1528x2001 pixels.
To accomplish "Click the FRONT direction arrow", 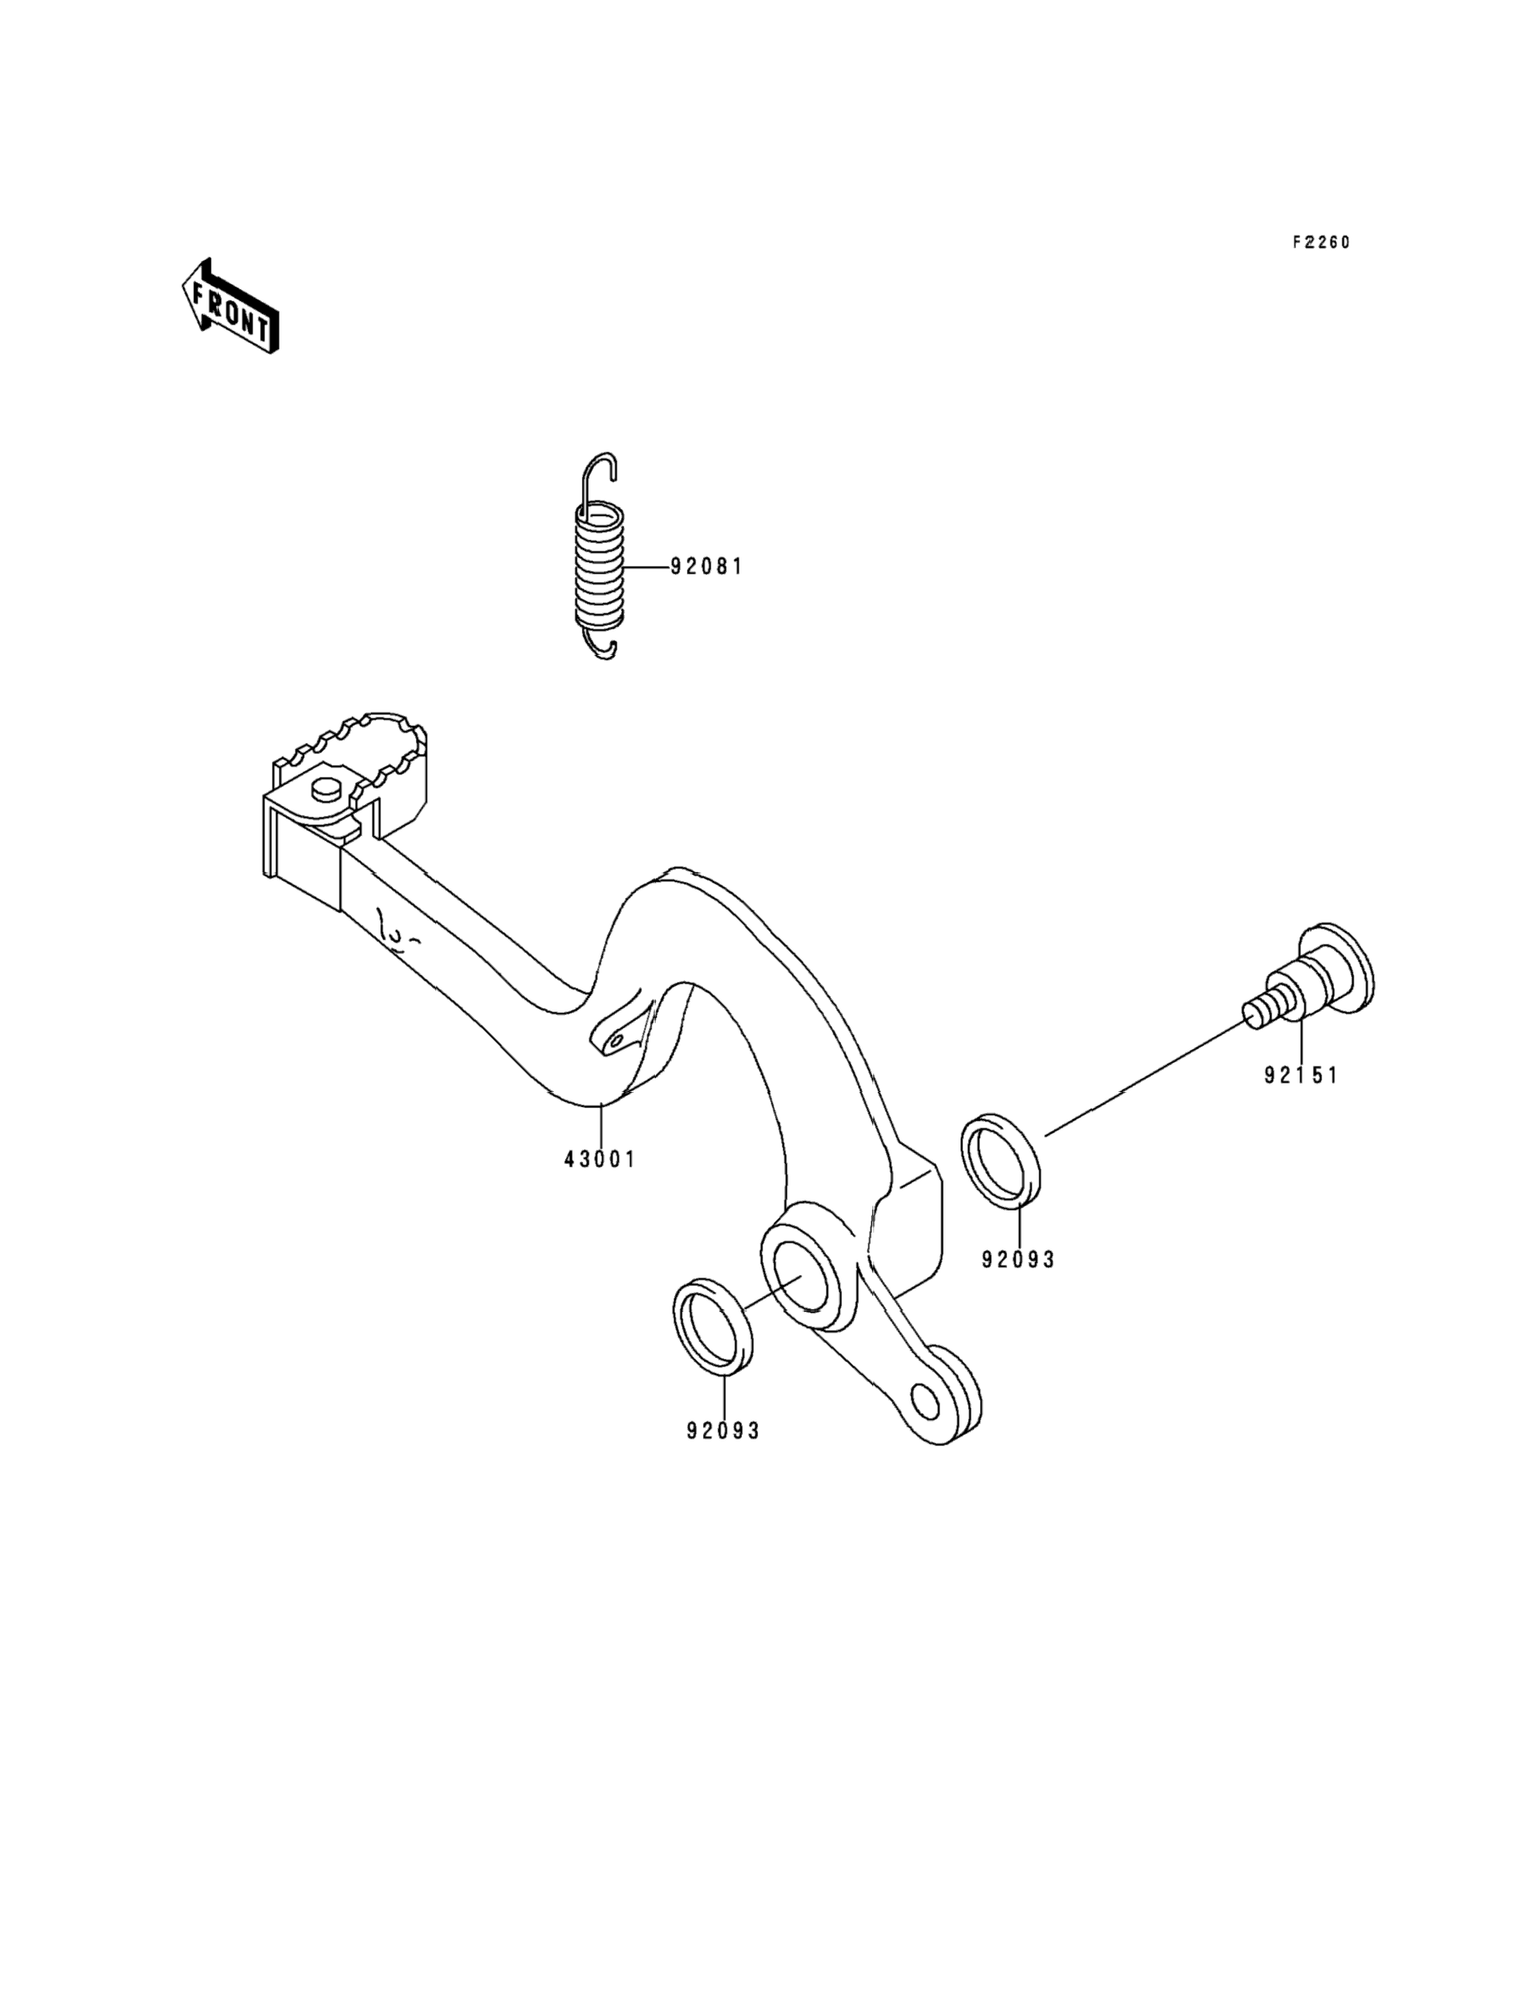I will point(230,306).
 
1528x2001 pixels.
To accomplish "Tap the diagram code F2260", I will point(1321,242).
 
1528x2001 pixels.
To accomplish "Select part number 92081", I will point(706,567).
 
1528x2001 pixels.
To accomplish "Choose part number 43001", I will point(600,1160).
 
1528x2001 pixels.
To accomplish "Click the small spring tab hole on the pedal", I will point(617,1039).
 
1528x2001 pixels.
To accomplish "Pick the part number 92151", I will point(1301,1075).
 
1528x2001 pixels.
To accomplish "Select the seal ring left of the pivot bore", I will point(714,1325).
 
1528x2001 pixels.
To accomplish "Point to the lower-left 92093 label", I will point(723,1431).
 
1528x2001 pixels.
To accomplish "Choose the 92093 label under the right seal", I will point(1018,1260).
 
